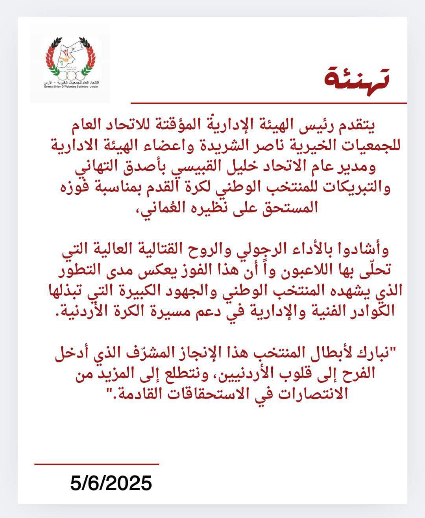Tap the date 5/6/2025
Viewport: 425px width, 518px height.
pyautogui.click(x=111, y=483)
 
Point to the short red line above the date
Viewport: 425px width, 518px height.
pyautogui.click(x=96, y=464)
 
